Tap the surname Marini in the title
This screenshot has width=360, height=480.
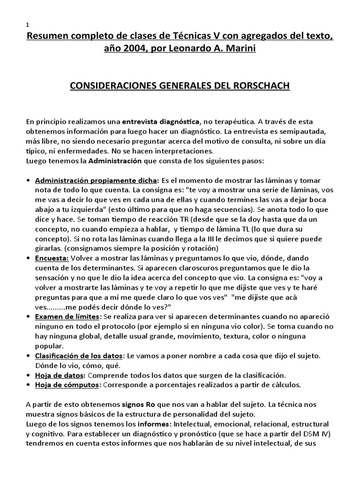[x=238, y=49]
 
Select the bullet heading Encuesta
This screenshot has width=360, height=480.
[x=52, y=258]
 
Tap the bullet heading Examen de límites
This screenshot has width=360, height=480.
[x=67, y=317]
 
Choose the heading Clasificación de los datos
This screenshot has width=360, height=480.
[x=79, y=357]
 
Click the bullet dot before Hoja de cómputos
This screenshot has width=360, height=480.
[x=29, y=385]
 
